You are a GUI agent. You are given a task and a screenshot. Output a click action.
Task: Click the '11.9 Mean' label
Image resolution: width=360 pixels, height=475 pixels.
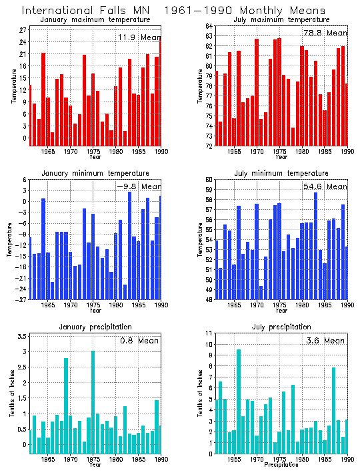139,37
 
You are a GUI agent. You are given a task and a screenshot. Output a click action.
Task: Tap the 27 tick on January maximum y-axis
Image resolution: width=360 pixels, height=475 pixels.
23,30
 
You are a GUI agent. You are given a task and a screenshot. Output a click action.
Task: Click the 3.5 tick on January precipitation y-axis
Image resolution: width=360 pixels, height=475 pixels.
22,336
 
